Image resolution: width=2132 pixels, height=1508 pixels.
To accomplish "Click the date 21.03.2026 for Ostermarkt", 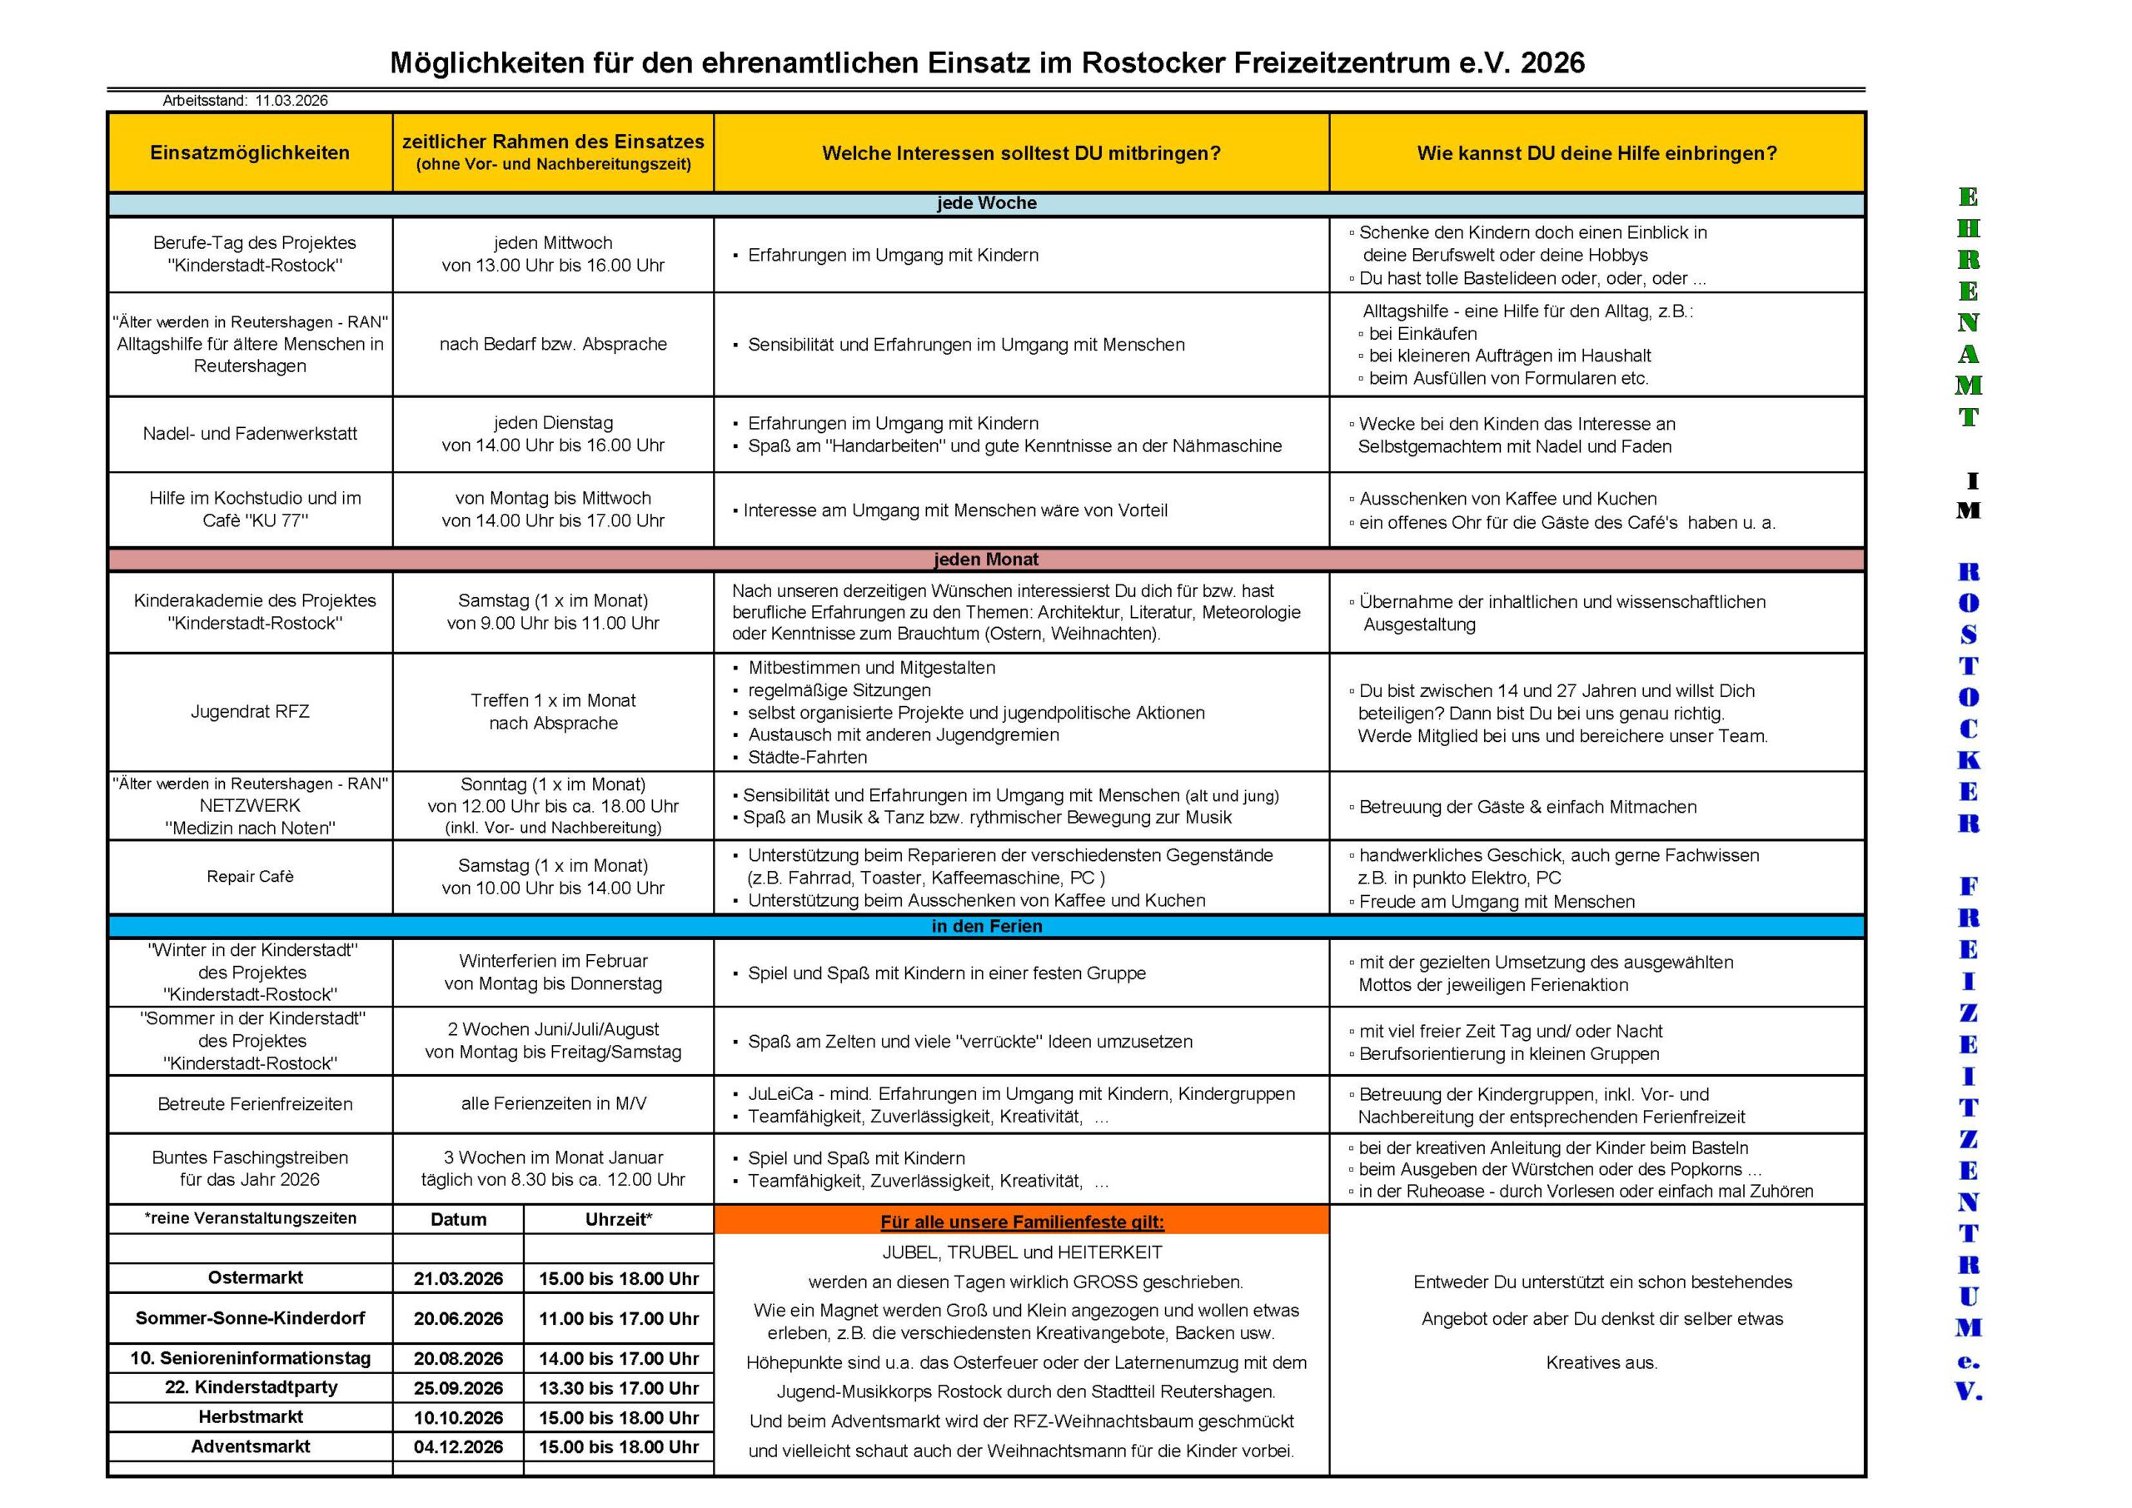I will pos(458,1279).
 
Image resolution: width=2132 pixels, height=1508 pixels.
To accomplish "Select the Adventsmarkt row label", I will pos(251,1446).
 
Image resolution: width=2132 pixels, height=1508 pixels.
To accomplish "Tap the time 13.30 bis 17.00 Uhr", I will pos(619,1388).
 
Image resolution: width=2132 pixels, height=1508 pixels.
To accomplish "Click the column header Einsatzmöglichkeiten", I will pos(250,153).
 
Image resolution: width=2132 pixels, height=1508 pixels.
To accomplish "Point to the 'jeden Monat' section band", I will pos(986,559).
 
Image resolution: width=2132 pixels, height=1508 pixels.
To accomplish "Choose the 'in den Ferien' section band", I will pos(986,926).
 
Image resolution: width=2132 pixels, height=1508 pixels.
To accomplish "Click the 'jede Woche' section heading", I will pos(986,203).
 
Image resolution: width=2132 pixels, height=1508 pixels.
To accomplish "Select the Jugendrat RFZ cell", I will pos(250,711).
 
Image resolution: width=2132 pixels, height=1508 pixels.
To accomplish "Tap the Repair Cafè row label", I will pos(250,877).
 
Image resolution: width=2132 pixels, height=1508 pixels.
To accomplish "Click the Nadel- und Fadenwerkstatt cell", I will pos(250,434).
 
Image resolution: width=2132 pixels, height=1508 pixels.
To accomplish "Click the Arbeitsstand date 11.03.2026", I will pos(291,100).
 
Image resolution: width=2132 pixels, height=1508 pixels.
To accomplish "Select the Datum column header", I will pos(458,1219).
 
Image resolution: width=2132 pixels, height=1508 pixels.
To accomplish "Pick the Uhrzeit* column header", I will pos(619,1219).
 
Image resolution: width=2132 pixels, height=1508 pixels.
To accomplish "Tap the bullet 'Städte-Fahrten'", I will pos(807,757).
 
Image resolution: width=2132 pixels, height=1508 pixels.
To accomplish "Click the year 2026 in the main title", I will pos(1552,62).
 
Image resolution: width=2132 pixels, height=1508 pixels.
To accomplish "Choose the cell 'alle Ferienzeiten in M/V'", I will pos(554,1104).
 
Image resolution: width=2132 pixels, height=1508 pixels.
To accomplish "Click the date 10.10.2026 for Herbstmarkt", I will pos(458,1418).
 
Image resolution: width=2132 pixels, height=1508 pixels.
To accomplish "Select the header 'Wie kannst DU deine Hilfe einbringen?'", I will pos(1597,153).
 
